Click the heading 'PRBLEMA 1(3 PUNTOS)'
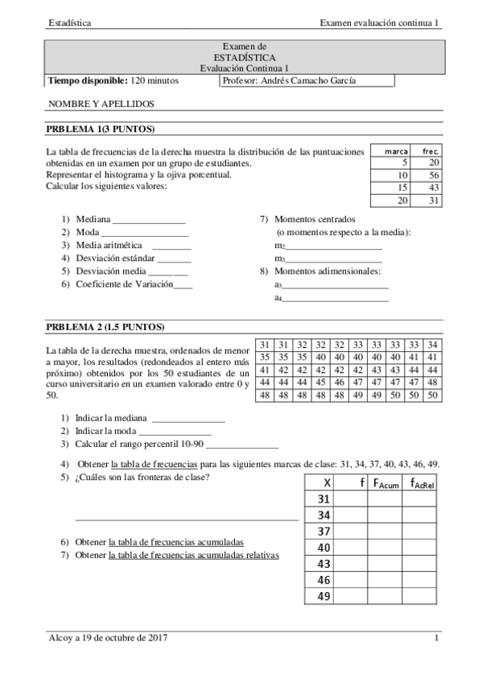(101, 130)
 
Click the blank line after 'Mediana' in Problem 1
(149, 220)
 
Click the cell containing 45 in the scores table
(319, 383)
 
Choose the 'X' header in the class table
(327, 483)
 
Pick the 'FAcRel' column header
(422, 483)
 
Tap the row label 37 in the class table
(325, 531)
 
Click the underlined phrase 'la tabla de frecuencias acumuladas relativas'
(193, 556)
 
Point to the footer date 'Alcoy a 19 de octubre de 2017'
(108, 638)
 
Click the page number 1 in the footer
(435, 638)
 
